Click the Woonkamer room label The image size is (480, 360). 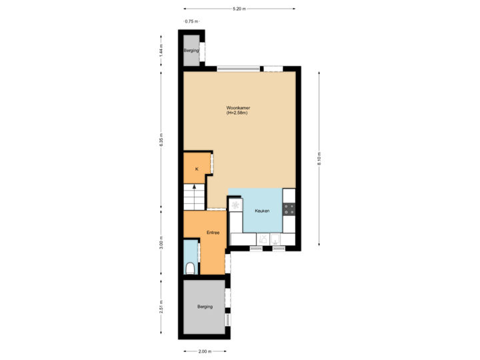coord(237,108)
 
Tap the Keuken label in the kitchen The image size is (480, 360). coord(262,211)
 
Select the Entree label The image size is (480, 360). coord(213,233)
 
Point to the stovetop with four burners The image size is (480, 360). coord(289,209)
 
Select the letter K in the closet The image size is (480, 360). coord(197,169)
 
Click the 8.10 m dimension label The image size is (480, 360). coord(319,159)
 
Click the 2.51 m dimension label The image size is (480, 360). coord(161,307)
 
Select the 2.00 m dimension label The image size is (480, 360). coord(204,351)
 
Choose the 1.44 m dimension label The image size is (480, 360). coord(161,51)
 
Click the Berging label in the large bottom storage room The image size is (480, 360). coord(205,307)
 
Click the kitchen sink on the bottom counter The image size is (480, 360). coord(264,238)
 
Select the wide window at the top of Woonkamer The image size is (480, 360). coord(237,68)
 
